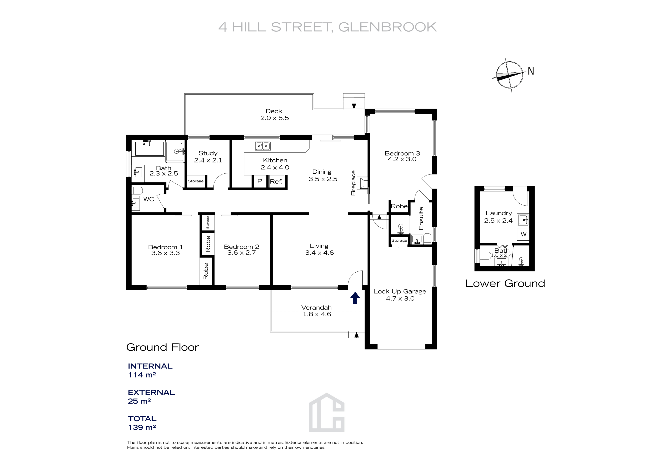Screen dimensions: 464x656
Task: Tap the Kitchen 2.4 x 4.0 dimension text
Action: point(275,167)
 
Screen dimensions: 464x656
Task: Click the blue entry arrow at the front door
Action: point(355,298)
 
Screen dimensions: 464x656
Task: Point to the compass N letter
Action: point(531,71)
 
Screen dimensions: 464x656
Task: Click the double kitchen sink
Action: point(263,146)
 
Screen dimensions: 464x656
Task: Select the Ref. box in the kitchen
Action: point(276,181)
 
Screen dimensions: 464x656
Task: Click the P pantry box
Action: point(260,181)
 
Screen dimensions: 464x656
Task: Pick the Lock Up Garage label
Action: point(400,291)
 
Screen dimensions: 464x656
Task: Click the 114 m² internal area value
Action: point(142,375)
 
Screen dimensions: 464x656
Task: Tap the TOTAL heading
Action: point(142,419)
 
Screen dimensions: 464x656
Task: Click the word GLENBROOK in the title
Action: point(387,27)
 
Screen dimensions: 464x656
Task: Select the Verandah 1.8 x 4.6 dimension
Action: point(317,314)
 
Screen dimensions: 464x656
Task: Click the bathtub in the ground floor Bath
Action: point(149,148)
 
